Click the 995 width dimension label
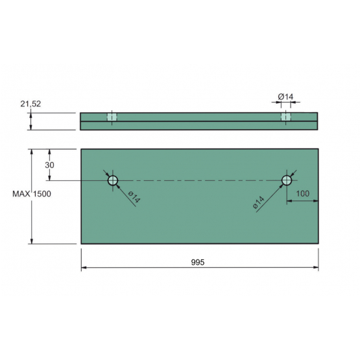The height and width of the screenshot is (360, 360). click(x=198, y=262)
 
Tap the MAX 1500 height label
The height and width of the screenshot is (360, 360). click(x=32, y=194)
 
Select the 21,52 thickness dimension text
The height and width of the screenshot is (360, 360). click(x=30, y=104)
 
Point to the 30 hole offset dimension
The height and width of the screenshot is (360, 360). click(x=49, y=165)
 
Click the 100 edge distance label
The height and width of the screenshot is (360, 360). click(x=303, y=194)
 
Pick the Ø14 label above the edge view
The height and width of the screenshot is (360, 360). click(x=285, y=97)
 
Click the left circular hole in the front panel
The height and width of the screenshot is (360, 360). click(x=113, y=180)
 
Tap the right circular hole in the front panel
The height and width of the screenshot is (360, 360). click(x=287, y=180)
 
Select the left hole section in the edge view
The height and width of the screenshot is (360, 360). click(x=112, y=117)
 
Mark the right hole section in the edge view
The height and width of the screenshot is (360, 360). click(x=286, y=117)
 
